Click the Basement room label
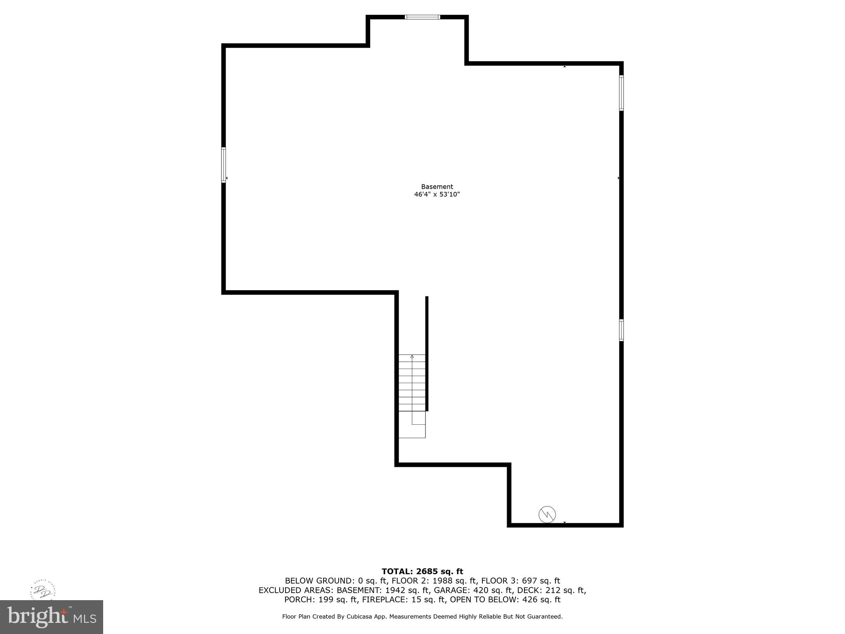(437, 187)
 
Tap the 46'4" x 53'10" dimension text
(437, 194)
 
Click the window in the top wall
(422, 17)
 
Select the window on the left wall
(224, 165)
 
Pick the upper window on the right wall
(621, 93)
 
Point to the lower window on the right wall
(621, 330)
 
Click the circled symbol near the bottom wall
(547, 514)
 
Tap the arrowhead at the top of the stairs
(412, 356)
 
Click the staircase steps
(412, 384)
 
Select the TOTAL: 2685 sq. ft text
(422, 571)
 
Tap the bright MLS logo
(52, 617)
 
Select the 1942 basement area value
(395, 590)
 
